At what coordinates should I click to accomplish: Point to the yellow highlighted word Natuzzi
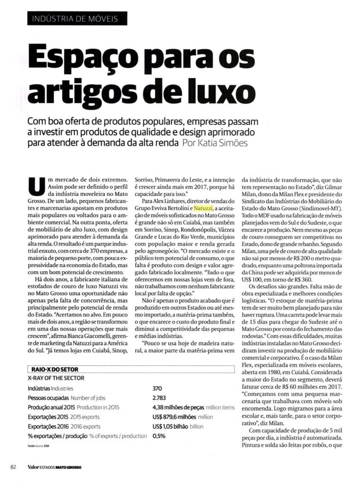pos(204,208)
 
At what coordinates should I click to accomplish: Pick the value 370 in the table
pos(158,387)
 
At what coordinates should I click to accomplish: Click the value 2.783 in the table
pos(159,397)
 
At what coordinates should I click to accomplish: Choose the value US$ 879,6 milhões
pos(175,416)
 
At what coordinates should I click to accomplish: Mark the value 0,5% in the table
pos(159,436)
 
